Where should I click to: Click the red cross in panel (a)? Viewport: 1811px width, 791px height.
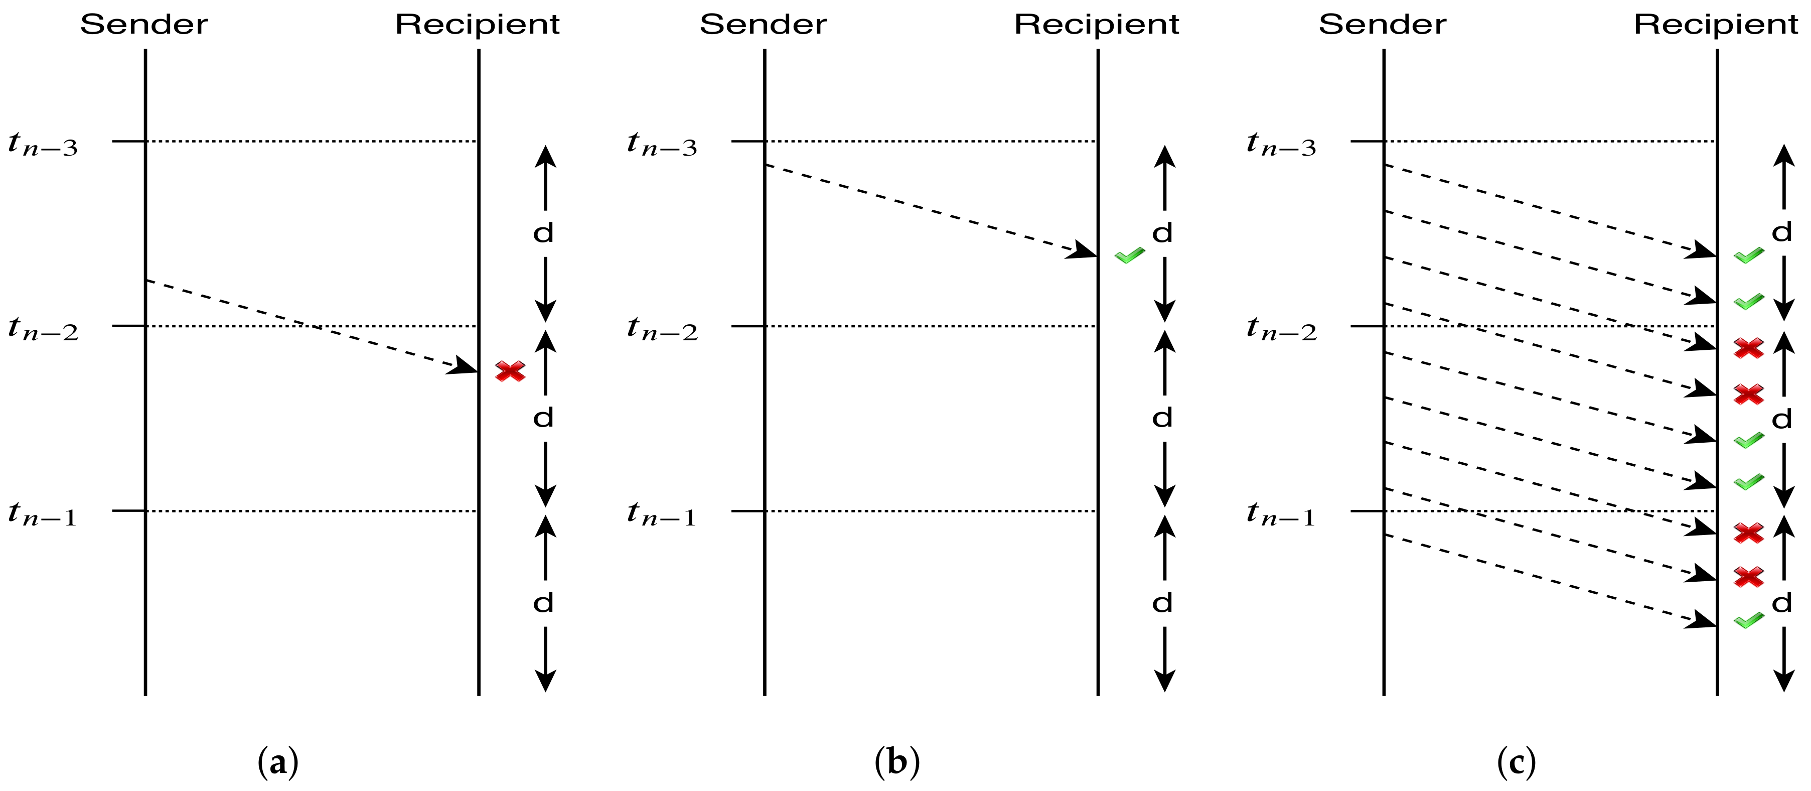pyautogui.click(x=510, y=371)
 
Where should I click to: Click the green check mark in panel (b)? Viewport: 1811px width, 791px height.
pyautogui.click(x=1129, y=256)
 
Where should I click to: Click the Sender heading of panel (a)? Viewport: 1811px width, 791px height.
pyautogui.click(x=144, y=25)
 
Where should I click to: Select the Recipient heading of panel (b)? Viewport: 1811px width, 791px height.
pyautogui.click(x=1096, y=25)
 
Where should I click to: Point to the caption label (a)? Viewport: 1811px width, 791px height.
pyautogui.click(x=278, y=762)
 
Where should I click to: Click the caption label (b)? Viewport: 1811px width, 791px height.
pyautogui.click(x=897, y=762)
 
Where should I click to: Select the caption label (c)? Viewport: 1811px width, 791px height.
pyautogui.click(x=1517, y=762)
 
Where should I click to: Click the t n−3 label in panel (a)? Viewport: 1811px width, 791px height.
pyautogui.click(x=42, y=144)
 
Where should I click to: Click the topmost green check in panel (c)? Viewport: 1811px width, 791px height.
pyautogui.click(x=1748, y=256)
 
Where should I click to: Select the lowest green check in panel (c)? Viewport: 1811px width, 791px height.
pyautogui.click(x=1748, y=621)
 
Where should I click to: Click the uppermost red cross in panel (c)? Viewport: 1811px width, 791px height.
pyautogui.click(x=1748, y=348)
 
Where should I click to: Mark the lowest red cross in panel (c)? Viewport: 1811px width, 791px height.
pyautogui.click(x=1748, y=577)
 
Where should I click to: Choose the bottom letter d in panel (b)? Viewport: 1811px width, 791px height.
pyautogui.click(x=1163, y=603)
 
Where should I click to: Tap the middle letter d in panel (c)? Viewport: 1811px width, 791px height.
pyautogui.click(x=1781, y=420)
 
